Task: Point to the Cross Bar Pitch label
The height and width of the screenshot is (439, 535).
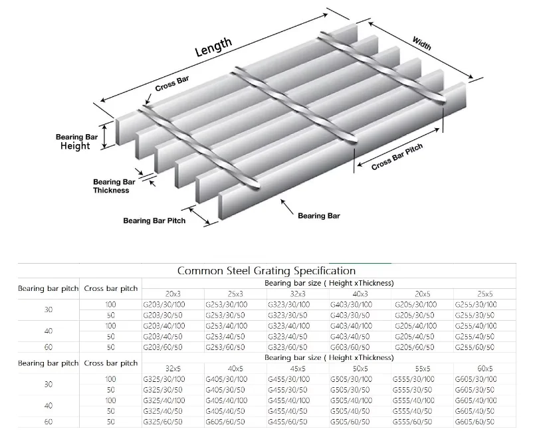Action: pos(397,157)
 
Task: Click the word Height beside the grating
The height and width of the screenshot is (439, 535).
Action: pos(75,146)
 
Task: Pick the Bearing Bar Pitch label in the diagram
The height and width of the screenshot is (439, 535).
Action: pos(154,220)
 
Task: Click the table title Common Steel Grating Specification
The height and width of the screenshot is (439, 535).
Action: pos(267,271)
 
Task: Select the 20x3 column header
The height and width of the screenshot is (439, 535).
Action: pos(173,294)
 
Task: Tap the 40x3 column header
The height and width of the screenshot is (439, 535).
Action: pos(361,294)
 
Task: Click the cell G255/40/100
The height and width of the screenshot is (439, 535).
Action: pos(476,326)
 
